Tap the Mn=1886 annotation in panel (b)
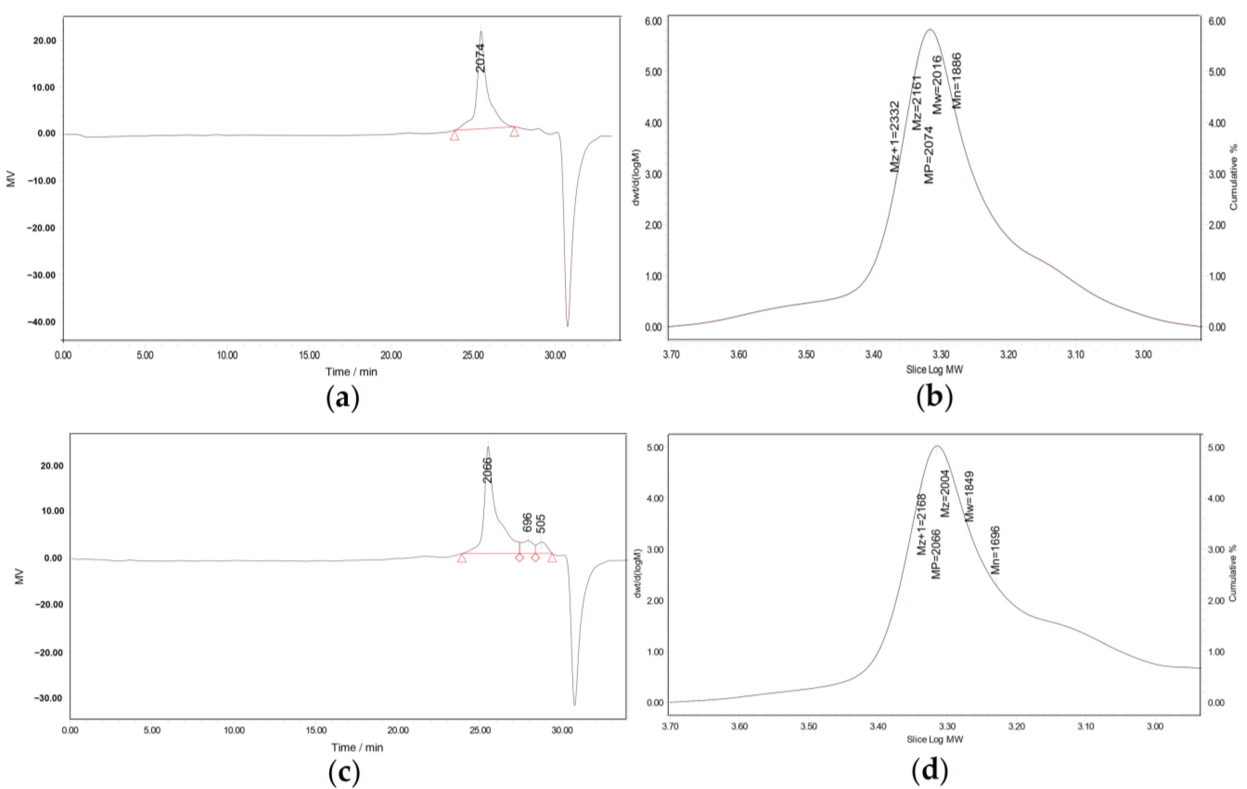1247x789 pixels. point(956,80)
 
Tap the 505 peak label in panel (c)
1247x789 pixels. point(541,524)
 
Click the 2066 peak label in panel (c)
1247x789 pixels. point(487,470)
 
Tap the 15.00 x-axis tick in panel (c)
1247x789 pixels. point(316,731)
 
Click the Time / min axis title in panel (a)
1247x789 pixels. point(351,371)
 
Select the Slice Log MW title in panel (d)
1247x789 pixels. point(935,739)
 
